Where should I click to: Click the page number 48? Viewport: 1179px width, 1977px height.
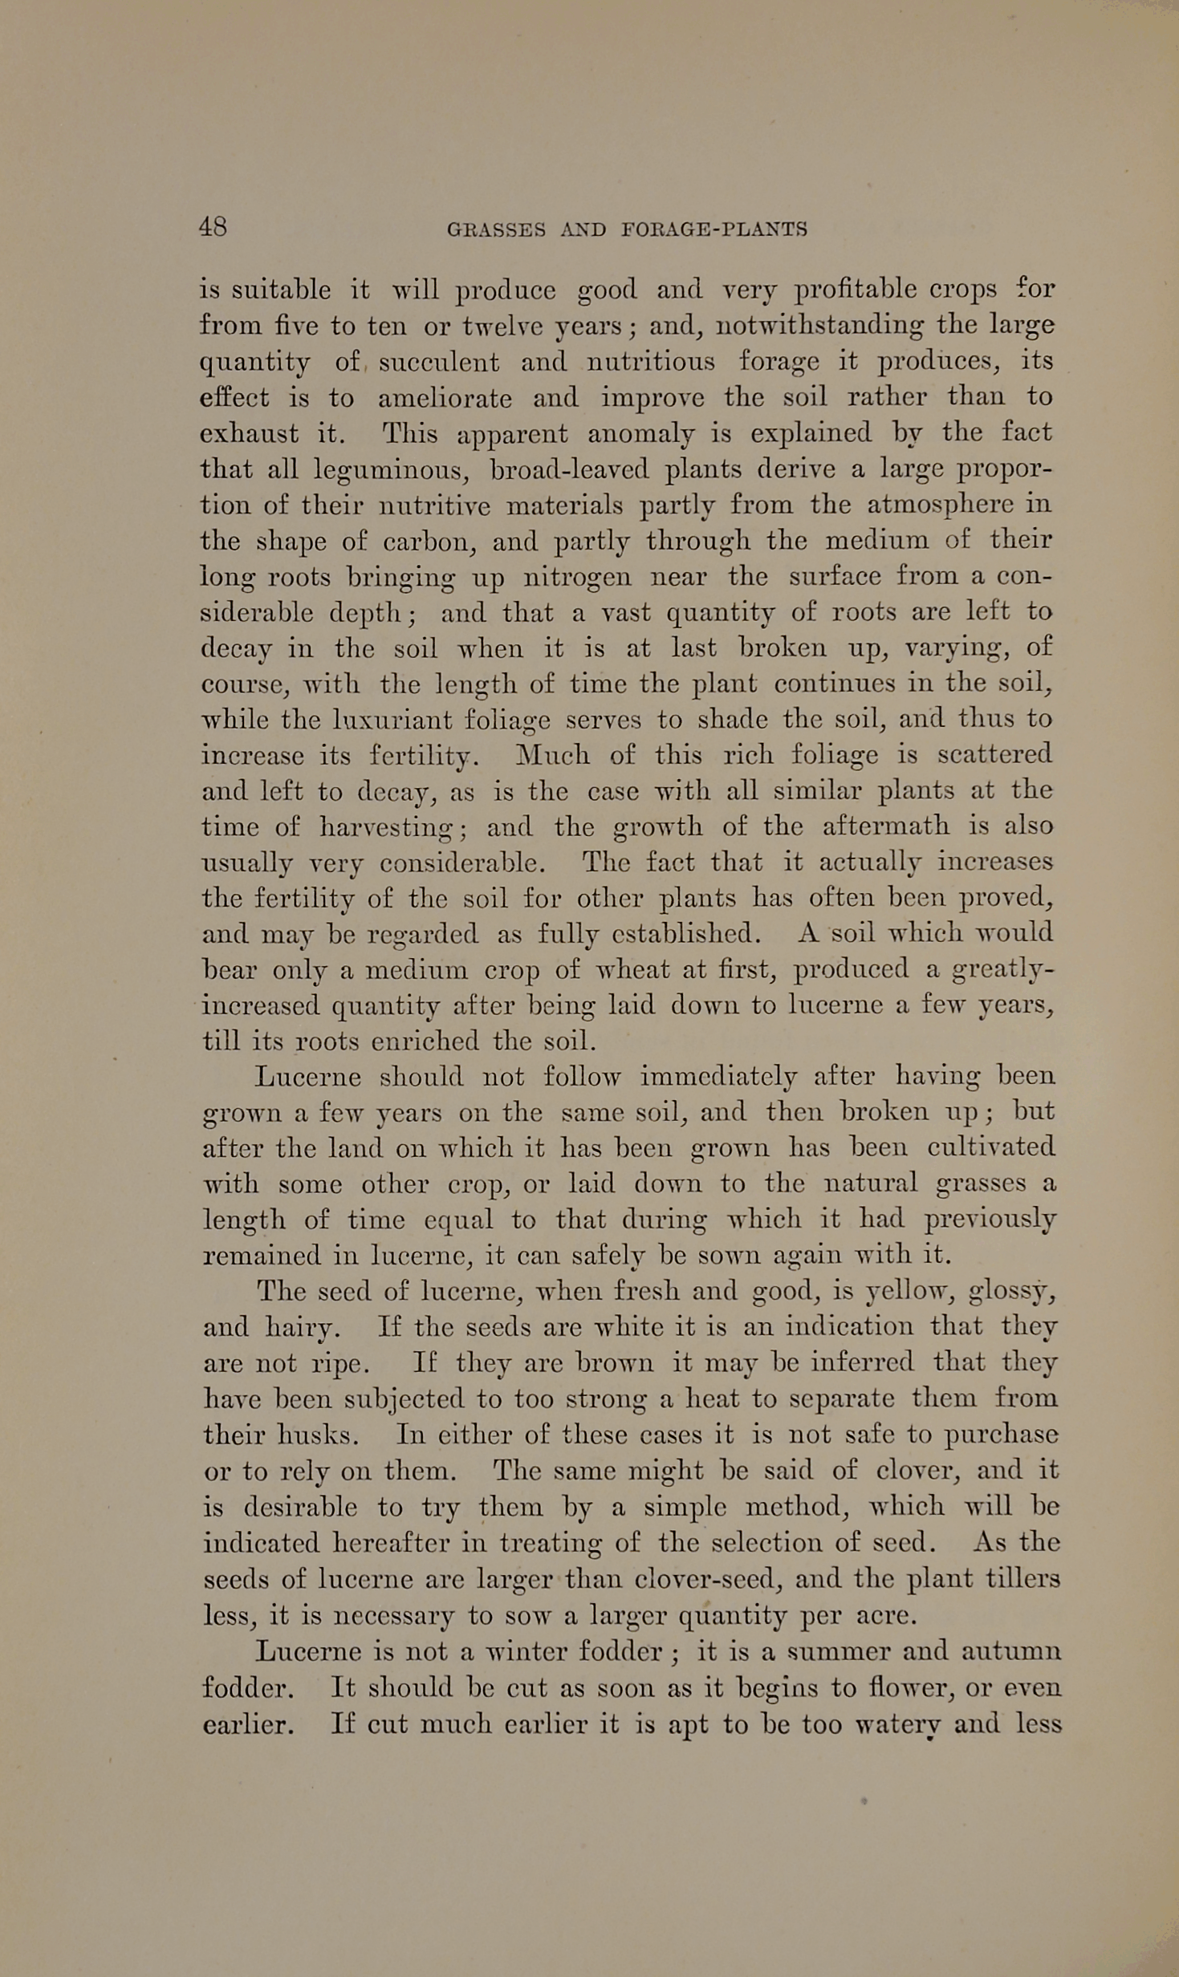213,227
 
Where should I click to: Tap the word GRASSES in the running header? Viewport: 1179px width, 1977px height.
495,230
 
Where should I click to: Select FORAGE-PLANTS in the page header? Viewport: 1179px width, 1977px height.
714,230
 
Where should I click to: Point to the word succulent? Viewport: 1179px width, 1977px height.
439,362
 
